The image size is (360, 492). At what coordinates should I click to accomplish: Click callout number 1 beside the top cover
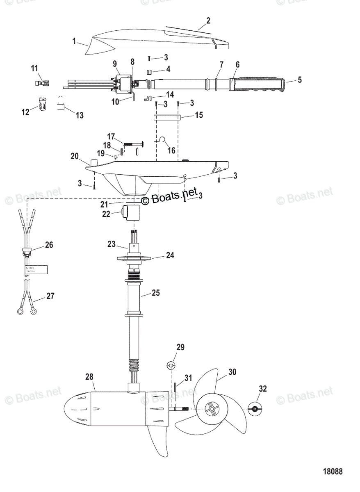click(x=74, y=41)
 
